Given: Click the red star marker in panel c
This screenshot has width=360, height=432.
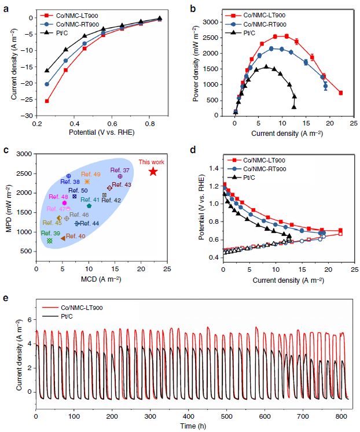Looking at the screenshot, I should (x=153, y=172).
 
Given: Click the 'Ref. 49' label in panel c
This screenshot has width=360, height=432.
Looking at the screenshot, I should (x=90, y=174).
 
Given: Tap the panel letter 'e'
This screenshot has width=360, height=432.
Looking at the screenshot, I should (x=5, y=298).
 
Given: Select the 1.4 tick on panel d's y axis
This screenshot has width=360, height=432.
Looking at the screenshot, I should (x=216, y=169).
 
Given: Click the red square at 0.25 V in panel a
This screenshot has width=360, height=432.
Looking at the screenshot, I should (x=47, y=101).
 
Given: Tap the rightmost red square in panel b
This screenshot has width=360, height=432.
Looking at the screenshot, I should (x=341, y=93).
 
